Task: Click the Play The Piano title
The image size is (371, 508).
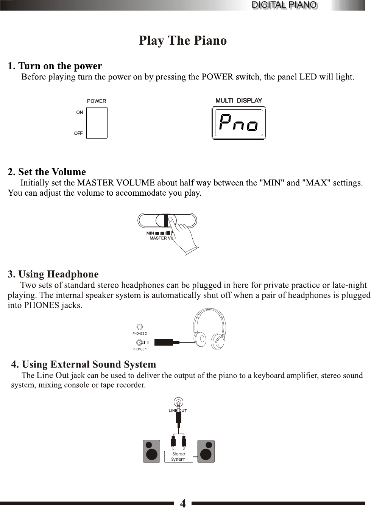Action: click(183, 41)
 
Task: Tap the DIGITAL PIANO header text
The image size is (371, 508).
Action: click(284, 5)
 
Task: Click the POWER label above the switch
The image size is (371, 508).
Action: click(97, 101)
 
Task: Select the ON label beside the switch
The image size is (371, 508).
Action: click(79, 112)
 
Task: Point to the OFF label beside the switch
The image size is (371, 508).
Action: click(78, 133)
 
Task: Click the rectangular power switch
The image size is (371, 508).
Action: click(97, 123)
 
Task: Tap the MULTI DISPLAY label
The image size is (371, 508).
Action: click(239, 100)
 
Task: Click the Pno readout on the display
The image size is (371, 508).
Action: click(238, 123)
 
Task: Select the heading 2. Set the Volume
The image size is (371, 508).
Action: click(47, 172)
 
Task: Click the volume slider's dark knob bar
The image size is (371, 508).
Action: click(166, 220)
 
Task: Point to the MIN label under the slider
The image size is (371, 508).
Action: click(150, 233)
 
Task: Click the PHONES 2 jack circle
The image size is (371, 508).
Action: click(140, 327)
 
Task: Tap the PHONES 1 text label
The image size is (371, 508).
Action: click(139, 349)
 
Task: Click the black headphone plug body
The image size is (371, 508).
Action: click(164, 342)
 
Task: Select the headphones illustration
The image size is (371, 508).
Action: click(209, 329)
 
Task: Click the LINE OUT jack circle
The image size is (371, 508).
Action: click(178, 402)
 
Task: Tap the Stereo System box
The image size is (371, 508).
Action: click(178, 457)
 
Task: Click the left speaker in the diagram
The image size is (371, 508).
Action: click(151, 451)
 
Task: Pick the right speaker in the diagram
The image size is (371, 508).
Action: click(206, 451)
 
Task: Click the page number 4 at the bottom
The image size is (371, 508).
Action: click(183, 503)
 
